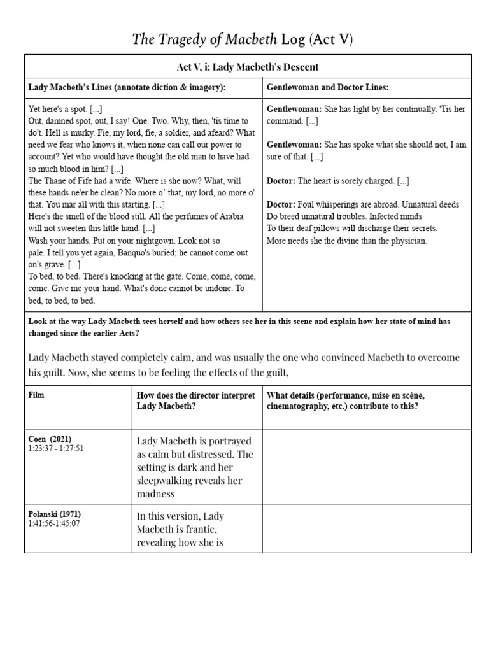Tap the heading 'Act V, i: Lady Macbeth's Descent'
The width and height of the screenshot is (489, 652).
coord(248,67)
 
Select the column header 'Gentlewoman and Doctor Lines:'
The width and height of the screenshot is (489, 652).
coord(326,87)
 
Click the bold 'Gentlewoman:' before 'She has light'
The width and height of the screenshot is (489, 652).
coord(294,110)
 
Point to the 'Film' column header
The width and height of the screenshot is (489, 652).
coord(37,395)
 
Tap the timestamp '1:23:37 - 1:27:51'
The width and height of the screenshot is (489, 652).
coord(56,448)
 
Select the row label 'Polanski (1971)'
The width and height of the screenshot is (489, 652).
coord(55,514)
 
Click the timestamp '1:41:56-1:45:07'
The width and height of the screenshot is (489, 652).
coord(54,523)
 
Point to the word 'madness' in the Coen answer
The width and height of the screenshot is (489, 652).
coord(156,494)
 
